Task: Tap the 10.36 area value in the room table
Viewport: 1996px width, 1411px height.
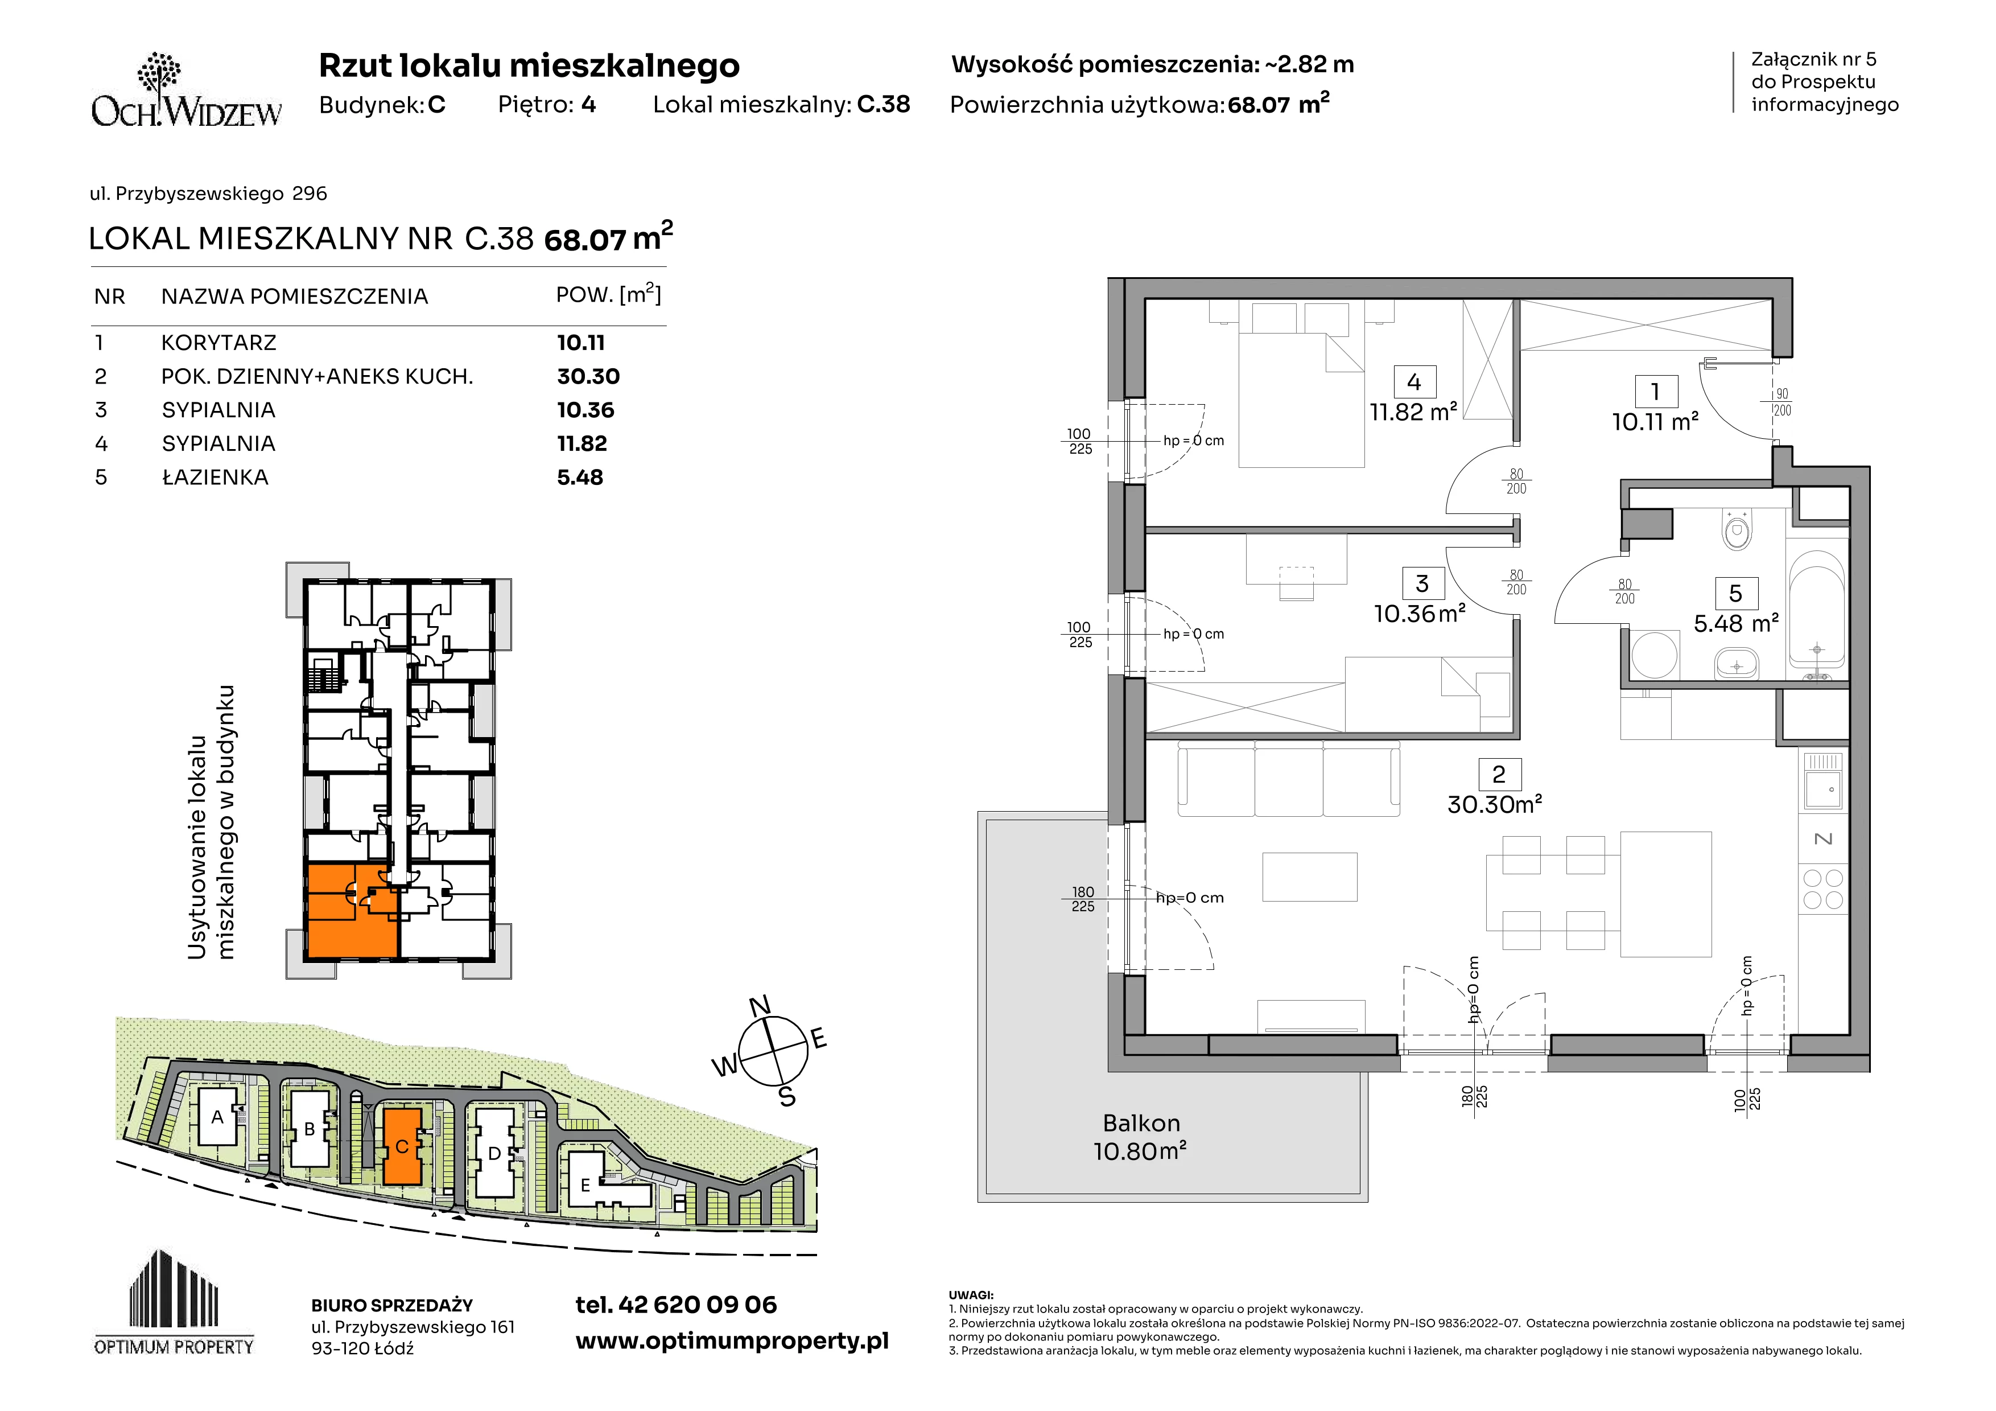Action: [x=585, y=409]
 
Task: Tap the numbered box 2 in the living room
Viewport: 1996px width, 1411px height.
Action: [x=1499, y=774]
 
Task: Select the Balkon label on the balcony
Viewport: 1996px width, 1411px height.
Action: [x=1141, y=1123]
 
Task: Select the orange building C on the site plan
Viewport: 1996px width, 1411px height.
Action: [x=402, y=1146]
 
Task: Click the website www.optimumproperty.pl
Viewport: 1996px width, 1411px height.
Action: [x=732, y=1340]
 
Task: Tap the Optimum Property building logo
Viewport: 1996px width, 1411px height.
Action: [x=174, y=1302]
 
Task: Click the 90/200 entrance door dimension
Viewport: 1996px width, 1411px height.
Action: [x=1782, y=402]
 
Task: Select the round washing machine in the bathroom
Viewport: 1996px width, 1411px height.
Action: [x=1653, y=655]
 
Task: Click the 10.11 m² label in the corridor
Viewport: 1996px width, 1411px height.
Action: [x=1655, y=422]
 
